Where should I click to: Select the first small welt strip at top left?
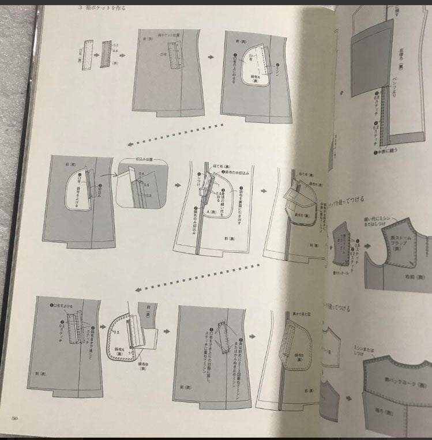pyautogui.click(x=88, y=51)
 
